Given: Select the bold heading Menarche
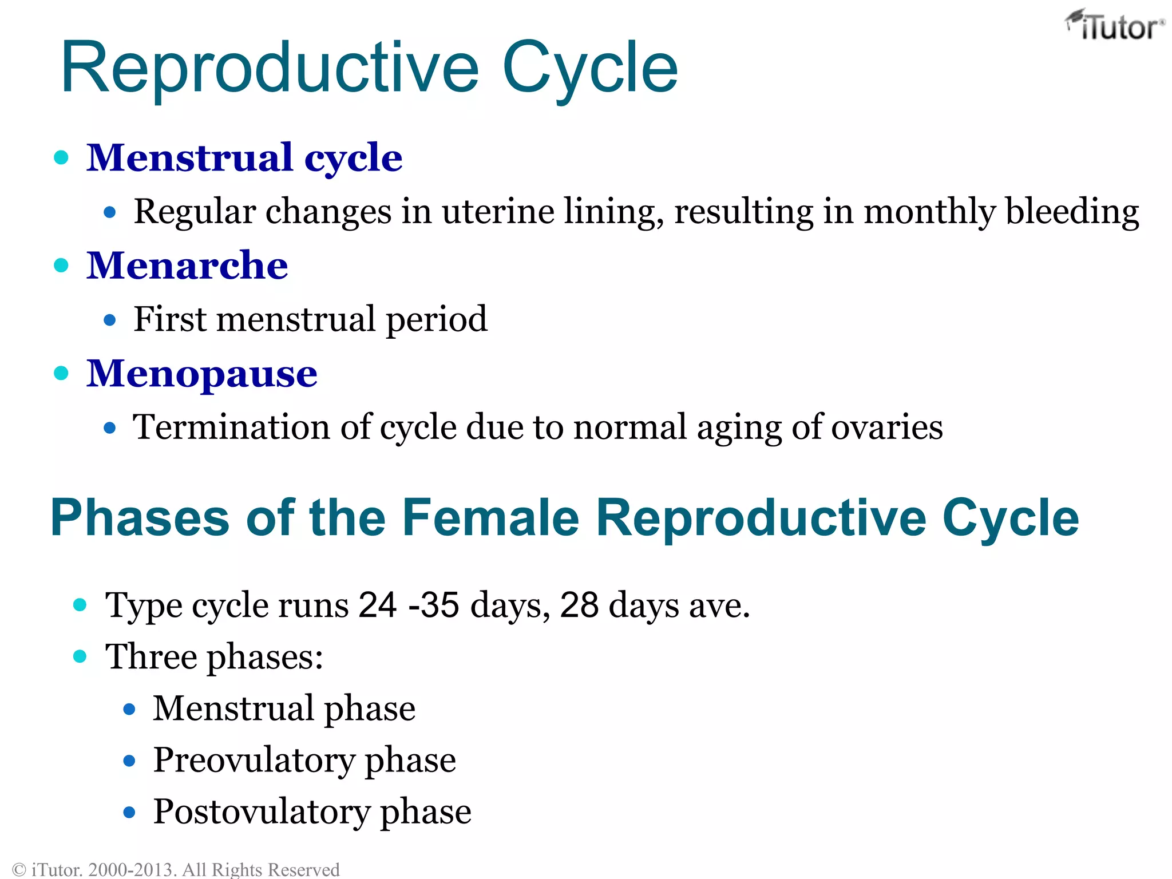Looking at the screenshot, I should click(187, 266).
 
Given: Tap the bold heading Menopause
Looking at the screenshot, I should click(201, 374).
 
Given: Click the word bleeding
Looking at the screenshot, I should click(1072, 211).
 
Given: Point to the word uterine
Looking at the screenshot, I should click(497, 211).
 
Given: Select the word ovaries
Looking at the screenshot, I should click(886, 427).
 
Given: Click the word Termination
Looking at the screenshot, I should click(231, 427).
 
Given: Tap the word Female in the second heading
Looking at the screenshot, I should click(490, 517).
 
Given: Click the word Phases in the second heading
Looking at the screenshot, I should click(140, 517).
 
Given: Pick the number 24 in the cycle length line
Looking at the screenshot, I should click(377, 605).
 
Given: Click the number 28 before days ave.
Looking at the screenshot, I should click(579, 605).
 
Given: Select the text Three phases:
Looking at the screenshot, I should click(214, 656).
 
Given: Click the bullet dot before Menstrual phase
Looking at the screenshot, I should click(129, 710).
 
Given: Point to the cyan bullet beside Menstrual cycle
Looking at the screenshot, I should click(61, 157).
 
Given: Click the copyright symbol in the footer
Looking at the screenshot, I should click(19, 870).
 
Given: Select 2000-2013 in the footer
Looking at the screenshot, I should click(132, 870).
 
